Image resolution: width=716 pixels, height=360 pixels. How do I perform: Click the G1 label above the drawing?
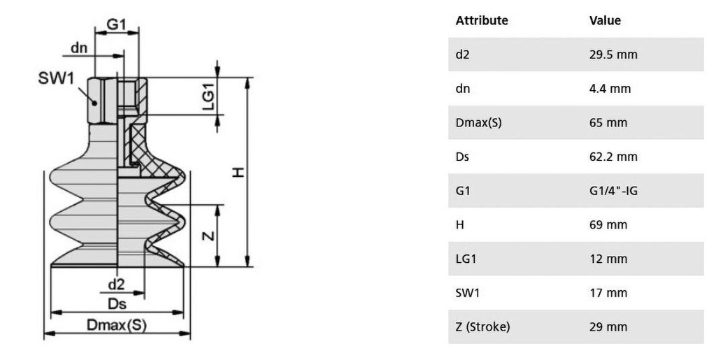point(116,24)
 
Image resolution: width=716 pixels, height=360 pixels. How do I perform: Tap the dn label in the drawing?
point(79,48)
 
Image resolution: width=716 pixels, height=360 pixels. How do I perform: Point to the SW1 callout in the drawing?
point(56,78)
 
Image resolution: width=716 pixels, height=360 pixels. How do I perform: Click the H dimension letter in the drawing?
point(238,172)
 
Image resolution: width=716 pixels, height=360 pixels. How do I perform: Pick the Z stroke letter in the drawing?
point(208,236)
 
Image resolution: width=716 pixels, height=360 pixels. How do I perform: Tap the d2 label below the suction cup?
point(116,285)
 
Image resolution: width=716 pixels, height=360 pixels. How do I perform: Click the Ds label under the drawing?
point(117,303)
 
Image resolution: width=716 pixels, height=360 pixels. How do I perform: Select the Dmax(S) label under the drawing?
point(117,325)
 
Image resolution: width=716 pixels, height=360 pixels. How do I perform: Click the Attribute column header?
point(482,20)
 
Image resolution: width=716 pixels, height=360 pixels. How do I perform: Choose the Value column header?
point(605,20)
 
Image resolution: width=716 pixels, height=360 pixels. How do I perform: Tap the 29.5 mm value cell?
point(613,55)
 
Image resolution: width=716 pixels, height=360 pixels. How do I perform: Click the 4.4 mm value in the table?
point(610,89)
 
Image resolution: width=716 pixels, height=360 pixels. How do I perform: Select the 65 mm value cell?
point(608,123)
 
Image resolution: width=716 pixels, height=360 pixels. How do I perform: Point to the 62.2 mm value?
point(613,157)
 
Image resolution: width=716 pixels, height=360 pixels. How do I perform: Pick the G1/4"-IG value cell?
point(613,191)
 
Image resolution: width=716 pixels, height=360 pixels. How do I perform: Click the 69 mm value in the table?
point(608,224)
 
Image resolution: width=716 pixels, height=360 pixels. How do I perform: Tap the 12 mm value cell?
point(608,259)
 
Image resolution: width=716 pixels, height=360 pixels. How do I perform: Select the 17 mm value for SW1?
point(608,292)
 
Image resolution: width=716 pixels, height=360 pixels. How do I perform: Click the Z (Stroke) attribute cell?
point(482,327)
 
